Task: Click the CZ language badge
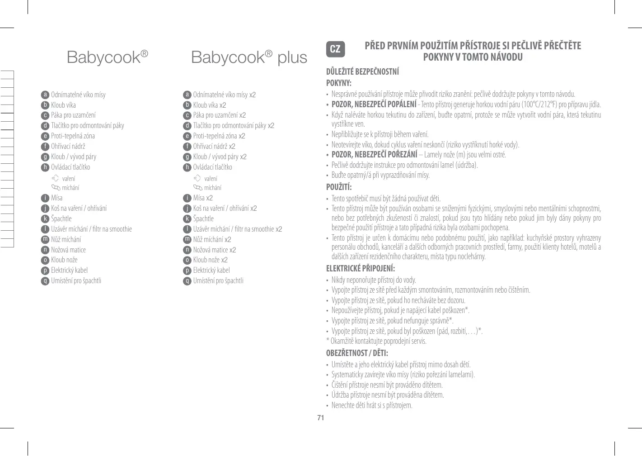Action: click(335, 49)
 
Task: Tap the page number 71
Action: click(321, 418)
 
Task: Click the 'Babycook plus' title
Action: click(249, 57)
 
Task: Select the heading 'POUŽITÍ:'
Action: click(339, 187)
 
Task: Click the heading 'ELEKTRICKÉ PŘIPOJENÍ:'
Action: click(361, 268)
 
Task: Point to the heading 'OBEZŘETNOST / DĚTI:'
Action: click(357, 353)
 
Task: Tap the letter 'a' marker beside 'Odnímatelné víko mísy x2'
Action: click(187, 95)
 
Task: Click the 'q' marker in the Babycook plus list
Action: click(187, 281)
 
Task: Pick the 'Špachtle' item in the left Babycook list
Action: click(61, 218)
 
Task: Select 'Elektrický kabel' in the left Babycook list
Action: click(69, 270)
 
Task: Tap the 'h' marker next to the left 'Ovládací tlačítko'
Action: click(45, 167)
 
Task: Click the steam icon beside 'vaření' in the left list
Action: click(55, 178)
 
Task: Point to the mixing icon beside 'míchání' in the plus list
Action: click(197, 188)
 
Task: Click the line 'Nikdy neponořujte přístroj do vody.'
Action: click(374, 280)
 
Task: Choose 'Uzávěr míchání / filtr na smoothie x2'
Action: click(238, 229)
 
